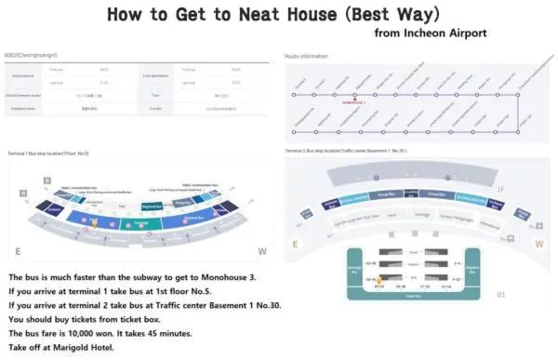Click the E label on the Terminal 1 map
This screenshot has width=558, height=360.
pyautogui.click(x=18, y=252)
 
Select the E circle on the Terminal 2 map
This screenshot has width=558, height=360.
pyautogui.click(x=296, y=245)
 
